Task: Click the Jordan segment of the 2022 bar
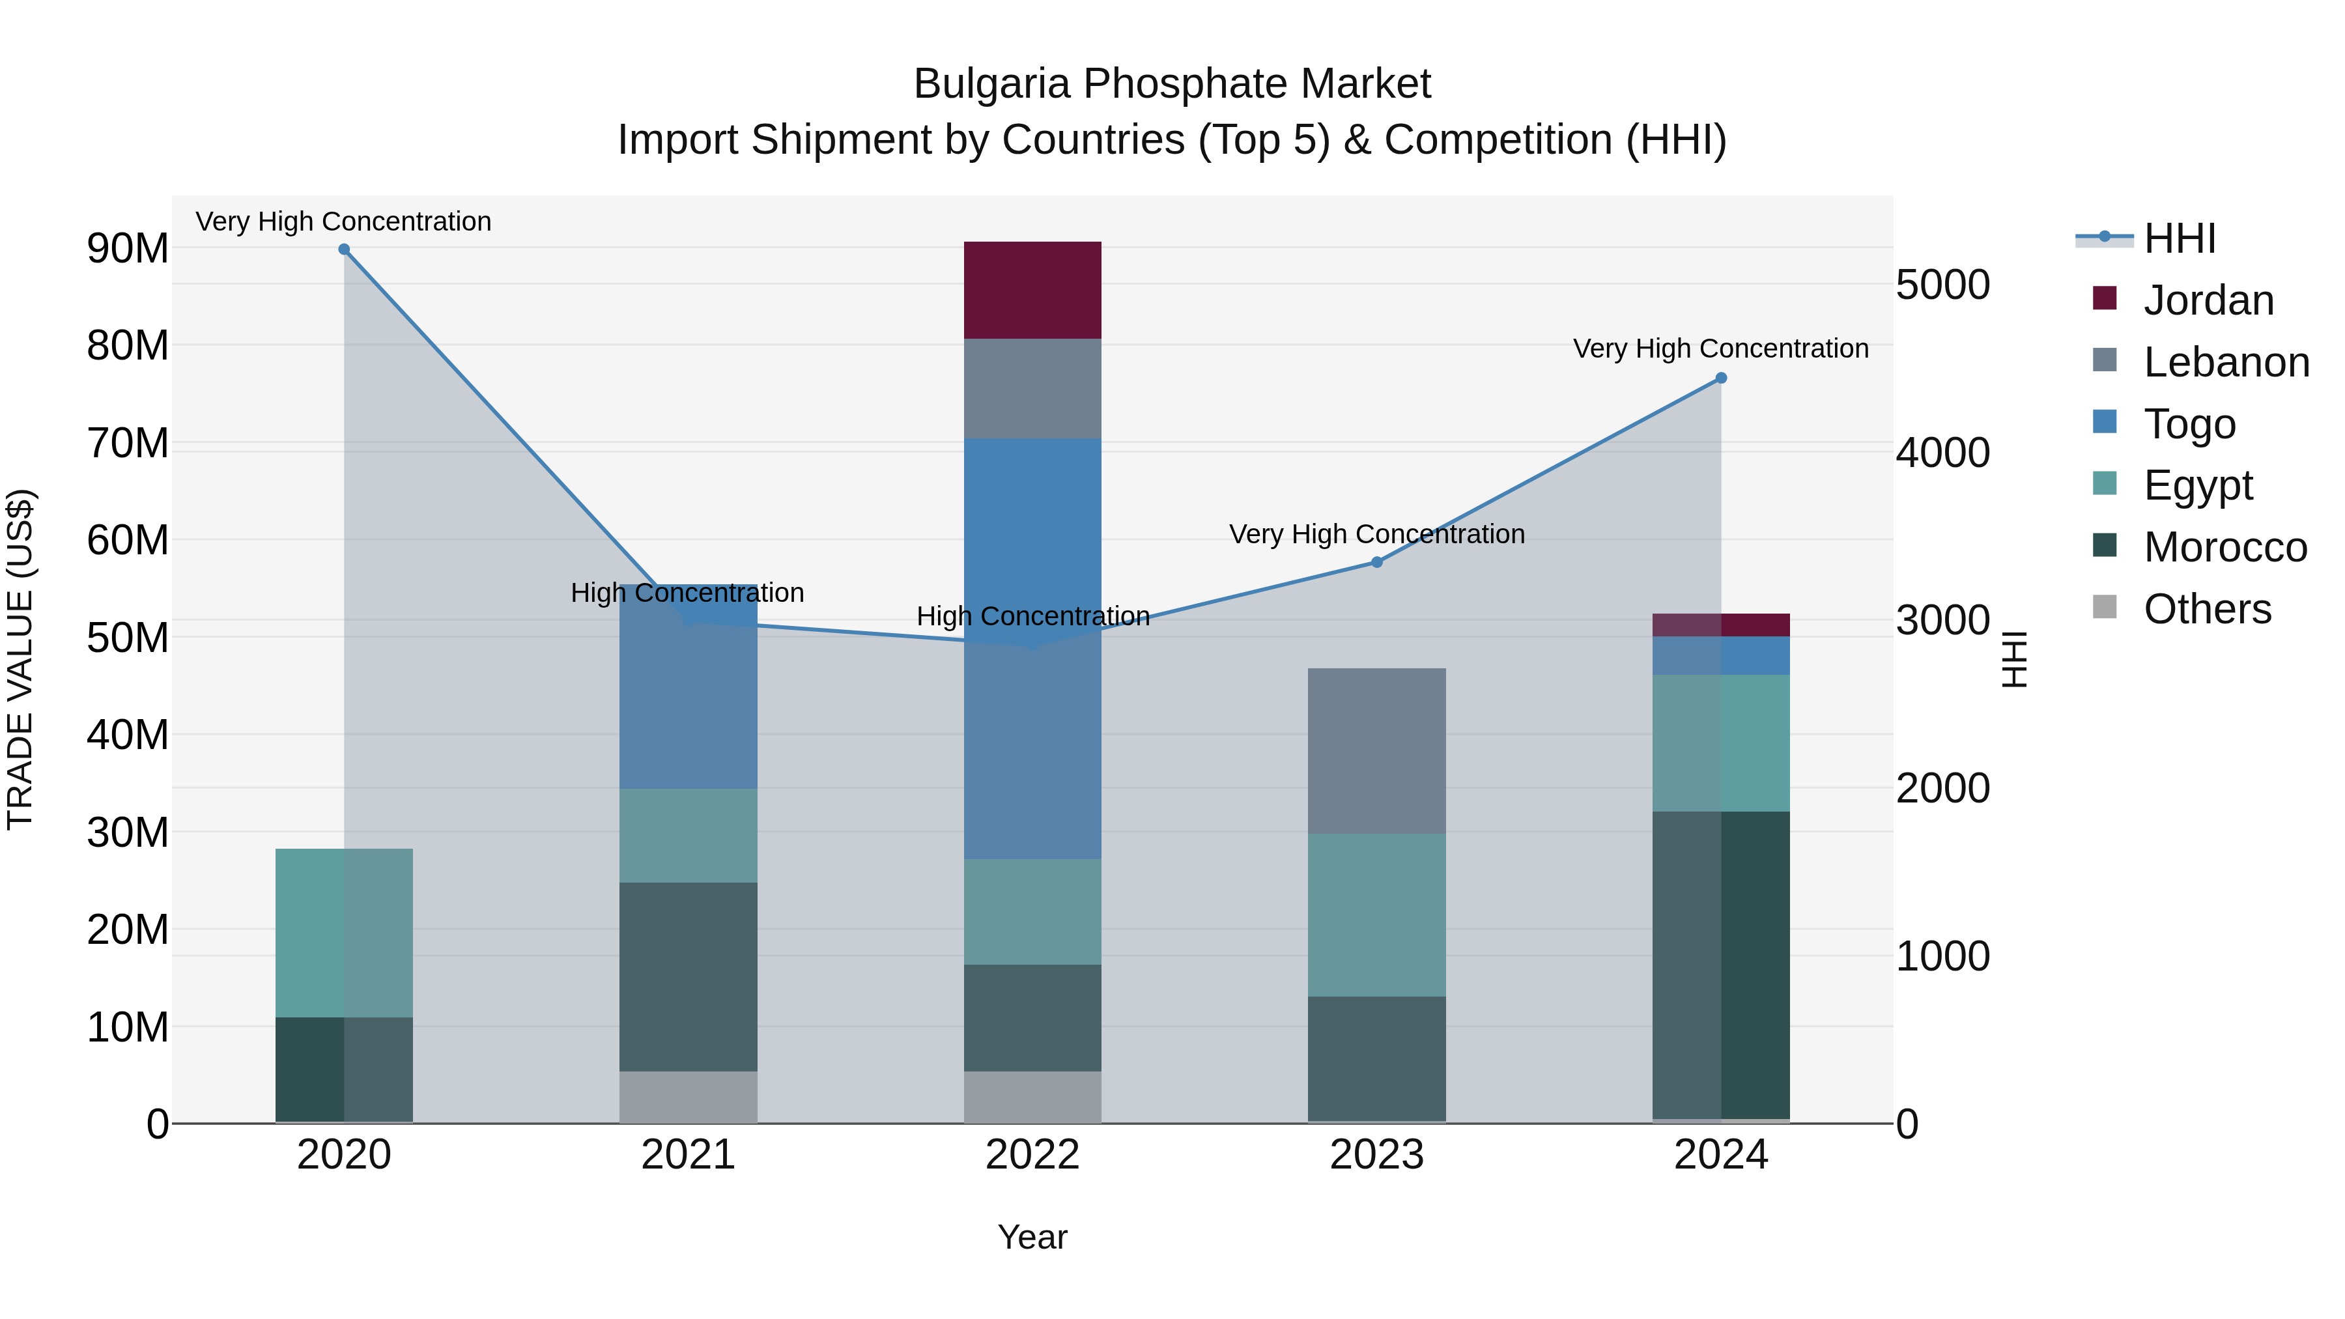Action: [x=1032, y=289]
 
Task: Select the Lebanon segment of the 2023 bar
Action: [x=1376, y=751]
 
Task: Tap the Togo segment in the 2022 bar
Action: [x=1032, y=648]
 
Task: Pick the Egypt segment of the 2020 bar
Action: [x=344, y=932]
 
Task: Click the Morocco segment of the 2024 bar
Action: [x=1720, y=964]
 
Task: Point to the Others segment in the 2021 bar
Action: [x=689, y=1096]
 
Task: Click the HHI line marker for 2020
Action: [x=344, y=249]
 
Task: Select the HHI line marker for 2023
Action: [x=1376, y=563]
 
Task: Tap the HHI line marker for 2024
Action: [x=1720, y=378]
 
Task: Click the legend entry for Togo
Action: [x=2189, y=424]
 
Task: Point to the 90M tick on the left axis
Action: [x=128, y=249]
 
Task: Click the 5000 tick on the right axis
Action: [x=1942, y=285]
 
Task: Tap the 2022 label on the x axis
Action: [x=1032, y=1155]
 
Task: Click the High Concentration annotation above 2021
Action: [x=687, y=593]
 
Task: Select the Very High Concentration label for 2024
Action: [x=1720, y=348]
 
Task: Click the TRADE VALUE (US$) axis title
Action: [x=20, y=659]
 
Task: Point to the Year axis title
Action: [x=1032, y=1237]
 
